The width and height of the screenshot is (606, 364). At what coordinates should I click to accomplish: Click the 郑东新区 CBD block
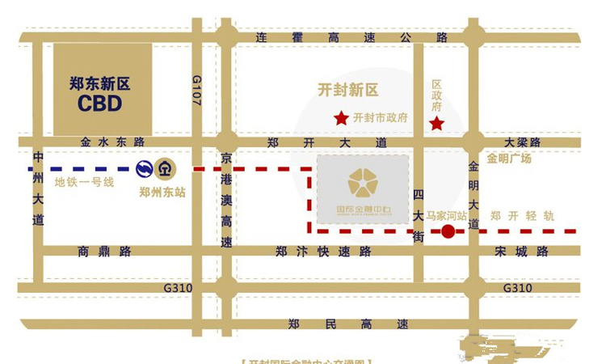tap(103, 90)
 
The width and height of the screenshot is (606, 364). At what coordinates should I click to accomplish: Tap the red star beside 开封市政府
tap(341, 118)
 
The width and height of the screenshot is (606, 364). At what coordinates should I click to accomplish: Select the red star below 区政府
tap(436, 124)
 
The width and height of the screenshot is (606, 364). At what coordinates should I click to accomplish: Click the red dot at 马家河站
tap(448, 232)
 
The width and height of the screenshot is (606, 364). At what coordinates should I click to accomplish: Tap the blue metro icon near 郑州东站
tap(145, 168)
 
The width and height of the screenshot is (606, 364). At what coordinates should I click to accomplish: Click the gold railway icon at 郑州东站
tap(165, 169)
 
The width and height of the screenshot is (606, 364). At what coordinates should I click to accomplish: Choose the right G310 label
tap(518, 288)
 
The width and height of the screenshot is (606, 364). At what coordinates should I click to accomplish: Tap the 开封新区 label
tap(348, 91)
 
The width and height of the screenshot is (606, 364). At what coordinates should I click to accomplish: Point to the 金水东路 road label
tap(112, 142)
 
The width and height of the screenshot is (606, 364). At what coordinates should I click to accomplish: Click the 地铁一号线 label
tap(84, 183)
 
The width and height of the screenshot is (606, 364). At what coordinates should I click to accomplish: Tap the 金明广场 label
tap(509, 159)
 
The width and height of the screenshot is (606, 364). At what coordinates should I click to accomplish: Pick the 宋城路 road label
tap(521, 252)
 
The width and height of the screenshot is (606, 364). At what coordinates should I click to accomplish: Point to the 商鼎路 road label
tap(104, 252)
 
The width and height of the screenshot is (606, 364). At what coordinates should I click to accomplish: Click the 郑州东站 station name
tap(162, 193)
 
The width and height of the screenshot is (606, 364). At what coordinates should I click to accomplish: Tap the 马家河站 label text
tap(447, 216)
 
